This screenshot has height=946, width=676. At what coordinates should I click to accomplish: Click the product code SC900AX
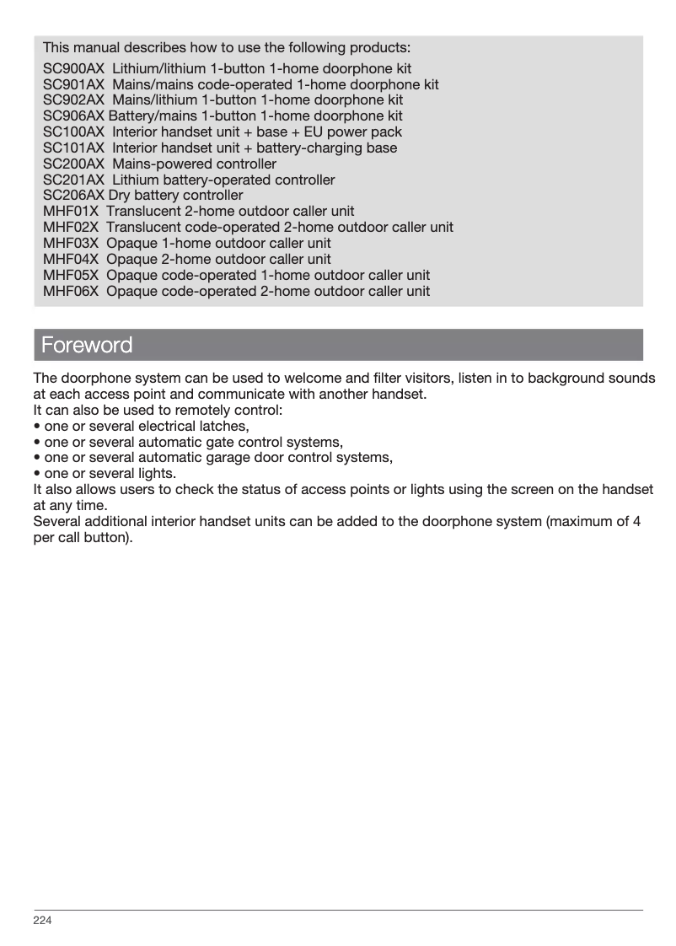pyautogui.click(x=73, y=68)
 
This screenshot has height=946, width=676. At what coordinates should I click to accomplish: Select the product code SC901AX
pyautogui.click(x=73, y=84)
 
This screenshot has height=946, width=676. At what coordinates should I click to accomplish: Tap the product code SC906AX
pyautogui.click(x=73, y=116)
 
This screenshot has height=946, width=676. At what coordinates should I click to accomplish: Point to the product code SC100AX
pyautogui.click(x=73, y=132)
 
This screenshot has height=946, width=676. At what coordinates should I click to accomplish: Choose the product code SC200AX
pyautogui.click(x=73, y=164)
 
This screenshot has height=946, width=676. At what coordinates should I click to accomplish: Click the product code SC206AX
pyautogui.click(x=73, y=196)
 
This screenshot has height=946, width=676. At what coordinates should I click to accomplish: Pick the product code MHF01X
pyautogui.click(x=71, y=212)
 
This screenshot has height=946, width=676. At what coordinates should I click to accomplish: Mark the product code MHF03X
pyautogui.click(x=71, y=244)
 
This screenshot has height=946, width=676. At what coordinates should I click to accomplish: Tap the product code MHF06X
pyautogui.click(x=71, y=292)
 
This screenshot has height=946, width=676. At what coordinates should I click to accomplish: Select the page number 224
pyautogui.click(x=42, y=920)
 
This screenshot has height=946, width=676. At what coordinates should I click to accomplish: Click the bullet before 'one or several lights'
pyautogui.click(x=36, y=474)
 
